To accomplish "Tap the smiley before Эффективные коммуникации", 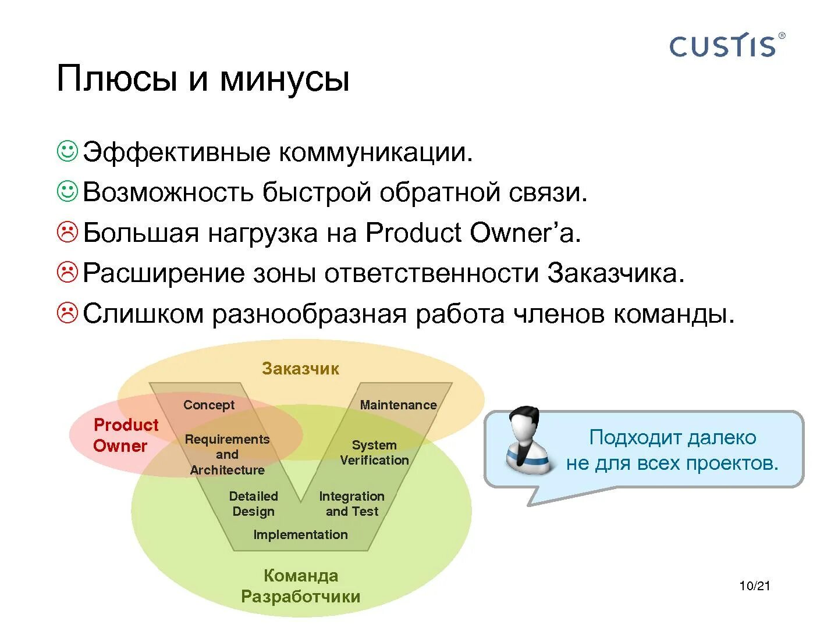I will pos(68,151).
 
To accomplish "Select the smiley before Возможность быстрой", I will pos(68,191).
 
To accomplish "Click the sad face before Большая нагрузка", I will pos(68,232).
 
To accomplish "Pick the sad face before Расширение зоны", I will pos(68,272).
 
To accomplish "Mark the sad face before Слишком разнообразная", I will pos(68,313).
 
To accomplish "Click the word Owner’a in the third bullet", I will pos(525,233).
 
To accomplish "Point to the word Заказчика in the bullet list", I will pos(615,273).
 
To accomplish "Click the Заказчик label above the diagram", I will pos(300,369).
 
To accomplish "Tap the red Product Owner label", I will pos(125,436).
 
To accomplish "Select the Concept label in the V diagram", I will pos(208,405).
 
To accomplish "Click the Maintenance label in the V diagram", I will pos(398,405).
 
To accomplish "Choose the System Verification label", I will pos(374,452).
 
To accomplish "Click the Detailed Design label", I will pos(253,504).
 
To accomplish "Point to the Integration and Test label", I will pos(351,504).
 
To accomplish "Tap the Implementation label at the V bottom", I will pos(300,534).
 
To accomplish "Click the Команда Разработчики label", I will pos(300,586).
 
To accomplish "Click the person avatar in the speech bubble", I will pos(527,440).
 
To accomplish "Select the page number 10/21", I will pos(754,586).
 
